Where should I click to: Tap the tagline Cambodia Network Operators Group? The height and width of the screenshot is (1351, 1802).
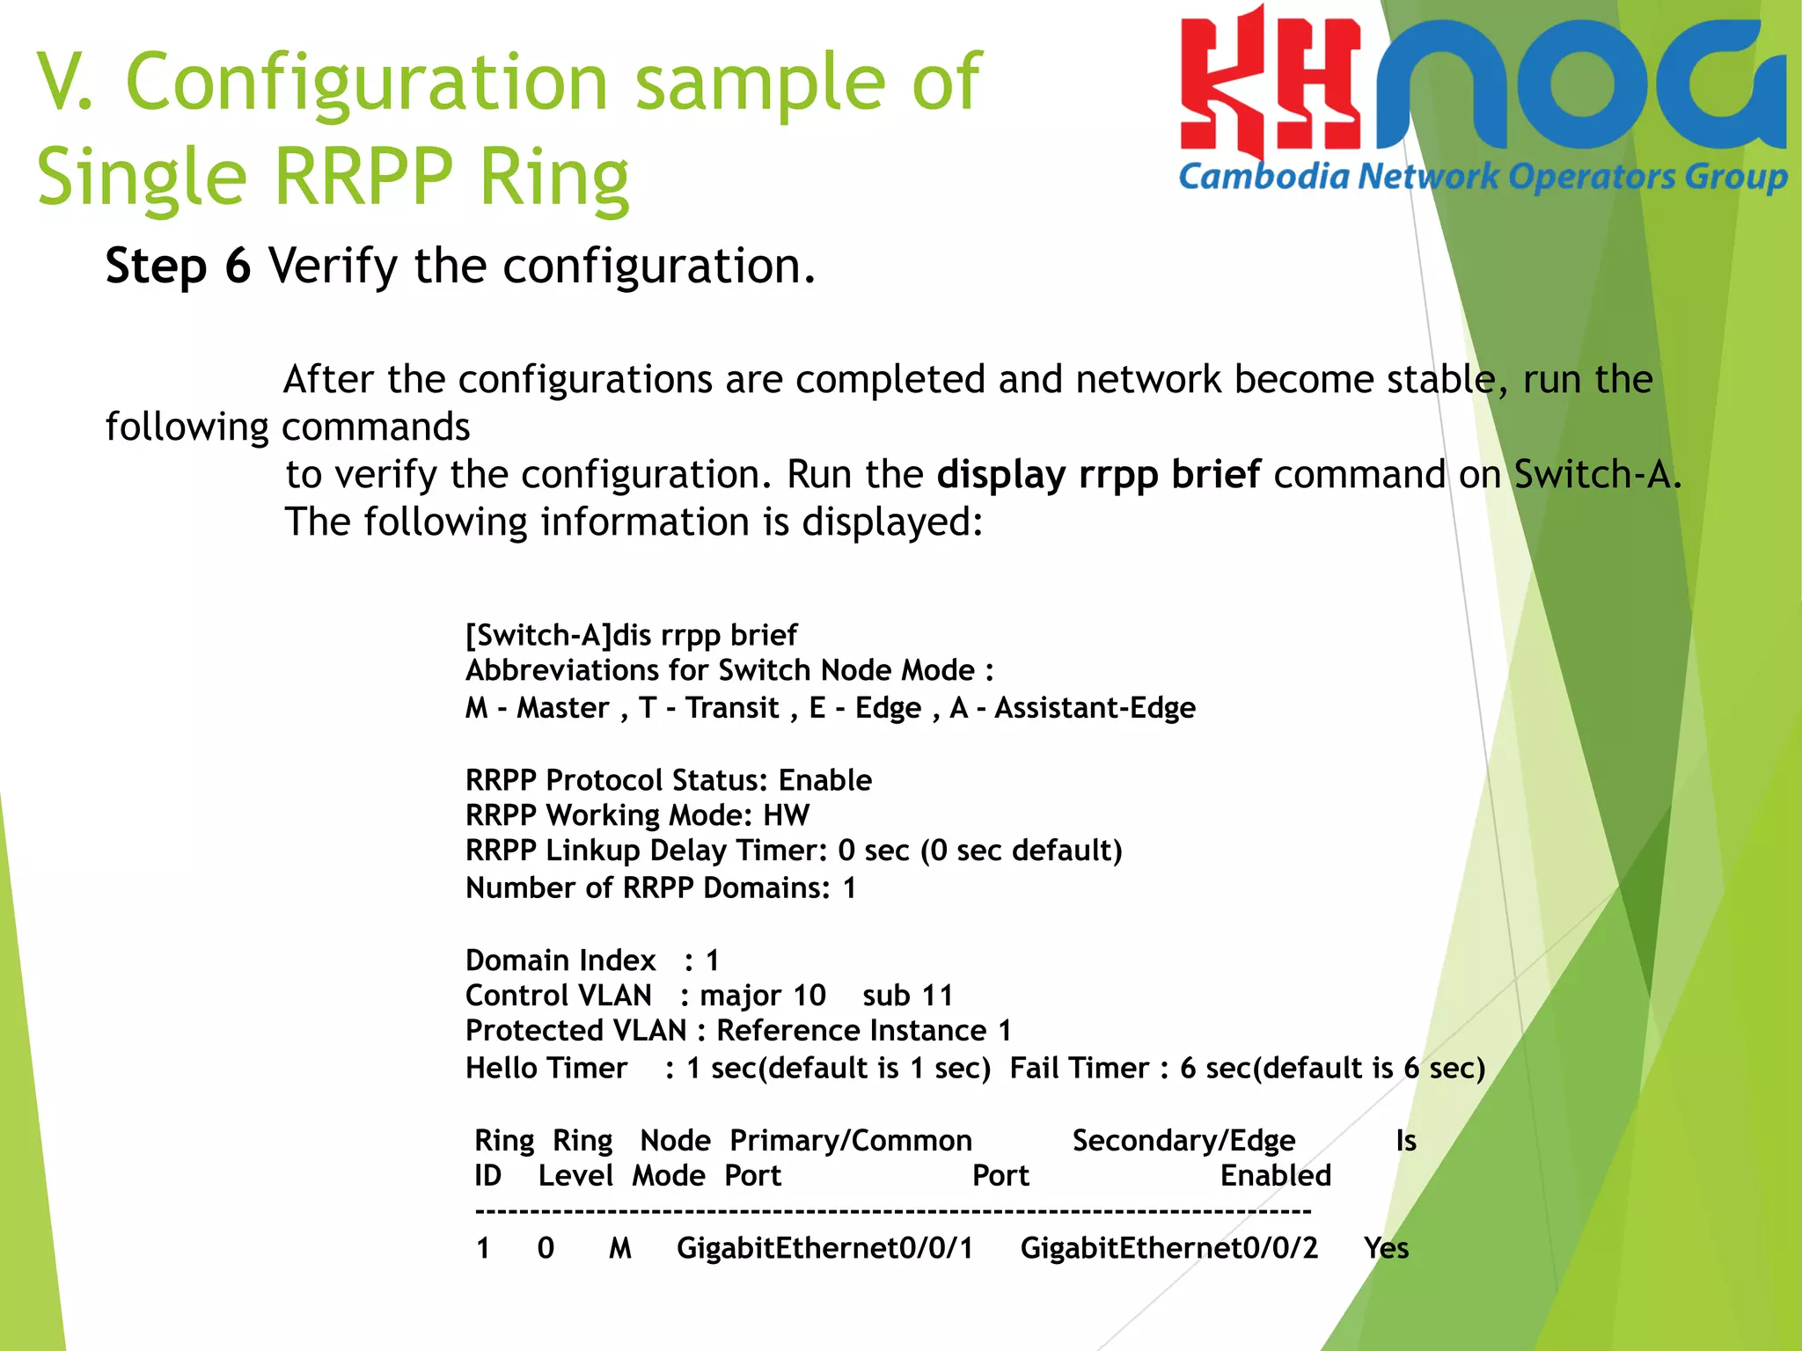coord(1483,177)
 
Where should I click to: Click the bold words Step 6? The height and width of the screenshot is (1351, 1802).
coord(178,266)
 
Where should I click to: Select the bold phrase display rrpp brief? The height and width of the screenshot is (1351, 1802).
coord(1098,475)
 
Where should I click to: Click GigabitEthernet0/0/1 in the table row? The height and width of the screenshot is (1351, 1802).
coord(824,1248)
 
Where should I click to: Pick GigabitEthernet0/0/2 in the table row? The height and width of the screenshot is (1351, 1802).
coord(1168,1248)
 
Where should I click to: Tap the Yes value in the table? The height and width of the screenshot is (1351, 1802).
coord(1386,1248)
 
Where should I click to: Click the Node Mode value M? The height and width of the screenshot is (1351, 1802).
coord(620,1248)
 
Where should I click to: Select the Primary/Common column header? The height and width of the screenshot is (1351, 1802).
coord(850,1141)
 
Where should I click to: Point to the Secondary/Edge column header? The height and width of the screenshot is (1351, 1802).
coord(1183,1141)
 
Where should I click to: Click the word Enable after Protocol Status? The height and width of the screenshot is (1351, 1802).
coord(824,780)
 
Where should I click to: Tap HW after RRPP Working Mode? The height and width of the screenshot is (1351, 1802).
coord(786,815)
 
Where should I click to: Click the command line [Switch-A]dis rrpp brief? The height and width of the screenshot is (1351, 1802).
coord(631,635)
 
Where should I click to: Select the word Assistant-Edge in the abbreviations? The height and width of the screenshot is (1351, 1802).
coord(1095,708)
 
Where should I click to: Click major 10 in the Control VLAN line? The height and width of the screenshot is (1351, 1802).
coord(762,996)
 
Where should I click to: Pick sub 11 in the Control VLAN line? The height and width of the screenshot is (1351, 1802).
coord(907,996)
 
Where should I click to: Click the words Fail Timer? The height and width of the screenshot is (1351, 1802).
coord(1079,1068)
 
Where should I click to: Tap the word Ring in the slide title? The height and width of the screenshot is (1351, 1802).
coord(553,177)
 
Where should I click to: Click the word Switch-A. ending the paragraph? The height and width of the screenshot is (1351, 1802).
coord(1597,475)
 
